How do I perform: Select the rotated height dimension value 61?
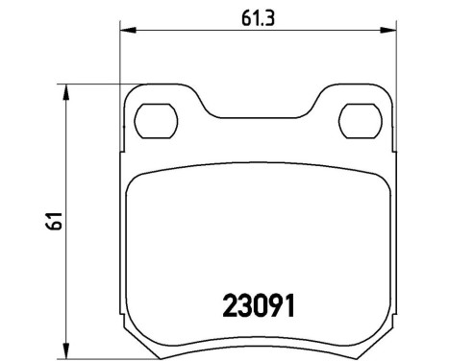57,219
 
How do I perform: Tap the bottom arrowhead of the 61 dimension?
68,349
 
